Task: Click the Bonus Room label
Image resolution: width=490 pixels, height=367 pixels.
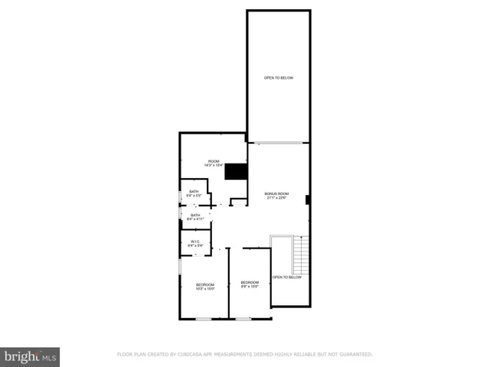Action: pyautogui.click(x=276, y=194)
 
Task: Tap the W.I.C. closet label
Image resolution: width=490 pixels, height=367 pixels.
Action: pyautogui.click(x=194, y=241)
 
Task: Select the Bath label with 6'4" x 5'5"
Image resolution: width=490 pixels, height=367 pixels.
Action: pyautogui.click(x=194, y=191)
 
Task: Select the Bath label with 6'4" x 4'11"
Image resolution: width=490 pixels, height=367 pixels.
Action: pyautogui.click(x=194, y=216)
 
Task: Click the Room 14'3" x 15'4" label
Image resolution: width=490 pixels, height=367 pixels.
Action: pyautogui.click(x=213, y=161)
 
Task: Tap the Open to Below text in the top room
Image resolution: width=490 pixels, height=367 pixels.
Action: pyautogui.click(x=279, y=78)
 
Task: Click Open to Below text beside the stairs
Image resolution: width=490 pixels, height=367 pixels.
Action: pyautogui.click(x=286, y=278)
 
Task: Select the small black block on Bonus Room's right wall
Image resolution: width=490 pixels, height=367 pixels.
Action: pyautogui.click(x=307, y=200)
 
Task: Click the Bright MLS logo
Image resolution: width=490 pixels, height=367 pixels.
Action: pyautogui.click(x=31, y=356)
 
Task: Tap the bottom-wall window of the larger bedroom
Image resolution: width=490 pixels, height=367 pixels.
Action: pyautogui.click(x=204, y=318)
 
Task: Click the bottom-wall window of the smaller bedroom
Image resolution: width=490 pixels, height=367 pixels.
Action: pyautogui.click(x=243, y=318)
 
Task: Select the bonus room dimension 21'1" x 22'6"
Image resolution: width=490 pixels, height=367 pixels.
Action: pyautogui.click(x=276, y=199)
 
